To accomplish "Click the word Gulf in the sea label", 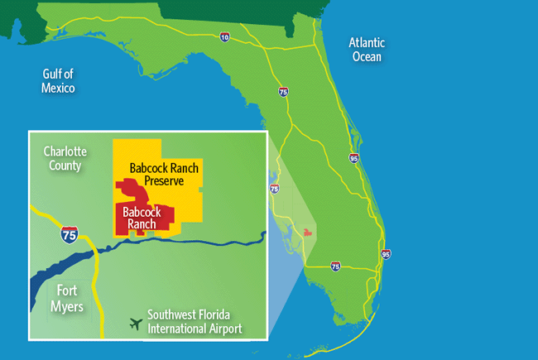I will coord(55,74).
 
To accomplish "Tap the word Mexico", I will coord(58,88).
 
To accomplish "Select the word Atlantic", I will coord(367,43).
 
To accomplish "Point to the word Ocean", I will coord(366,56).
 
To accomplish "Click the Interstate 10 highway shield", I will coord(225,37).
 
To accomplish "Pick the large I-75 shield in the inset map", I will coord(71,234).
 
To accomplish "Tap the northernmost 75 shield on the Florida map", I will coord(284,93).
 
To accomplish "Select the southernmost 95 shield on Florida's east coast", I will coord(386,254).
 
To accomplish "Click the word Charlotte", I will coord(65,152).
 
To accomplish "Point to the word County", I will coord(65,166).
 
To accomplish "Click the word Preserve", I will coord(165,181).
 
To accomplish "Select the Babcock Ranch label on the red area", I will coord(142,218).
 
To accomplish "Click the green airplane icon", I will coord(135,322).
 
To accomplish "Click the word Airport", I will coord(226,329).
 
